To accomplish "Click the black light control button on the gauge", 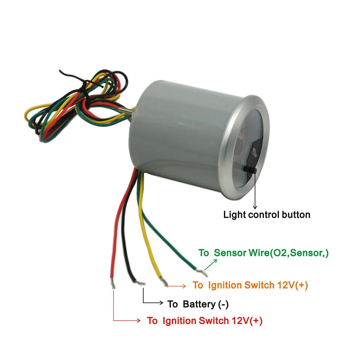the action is coord(250,169).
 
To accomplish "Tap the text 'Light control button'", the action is coord(267,214).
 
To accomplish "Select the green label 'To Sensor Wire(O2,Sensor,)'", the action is coord(264,253).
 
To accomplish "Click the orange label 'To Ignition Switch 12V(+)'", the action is coord(250,285).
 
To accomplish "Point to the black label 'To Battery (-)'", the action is coord(198,304).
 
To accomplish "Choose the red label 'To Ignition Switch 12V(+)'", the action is coord(205,321).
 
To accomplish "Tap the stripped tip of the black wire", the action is coord(140,283).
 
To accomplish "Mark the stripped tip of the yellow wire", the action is coord(164,282).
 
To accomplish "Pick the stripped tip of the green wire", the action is coord(202,273).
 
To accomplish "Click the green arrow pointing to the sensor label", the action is coord(210,264).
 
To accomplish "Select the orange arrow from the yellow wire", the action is coord(175,286).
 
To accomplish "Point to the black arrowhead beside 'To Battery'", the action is coord(161,303).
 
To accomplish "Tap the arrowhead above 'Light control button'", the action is coord(255,207).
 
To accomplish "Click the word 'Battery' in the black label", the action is coord(199,304).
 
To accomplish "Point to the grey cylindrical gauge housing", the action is coord(177,135).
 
